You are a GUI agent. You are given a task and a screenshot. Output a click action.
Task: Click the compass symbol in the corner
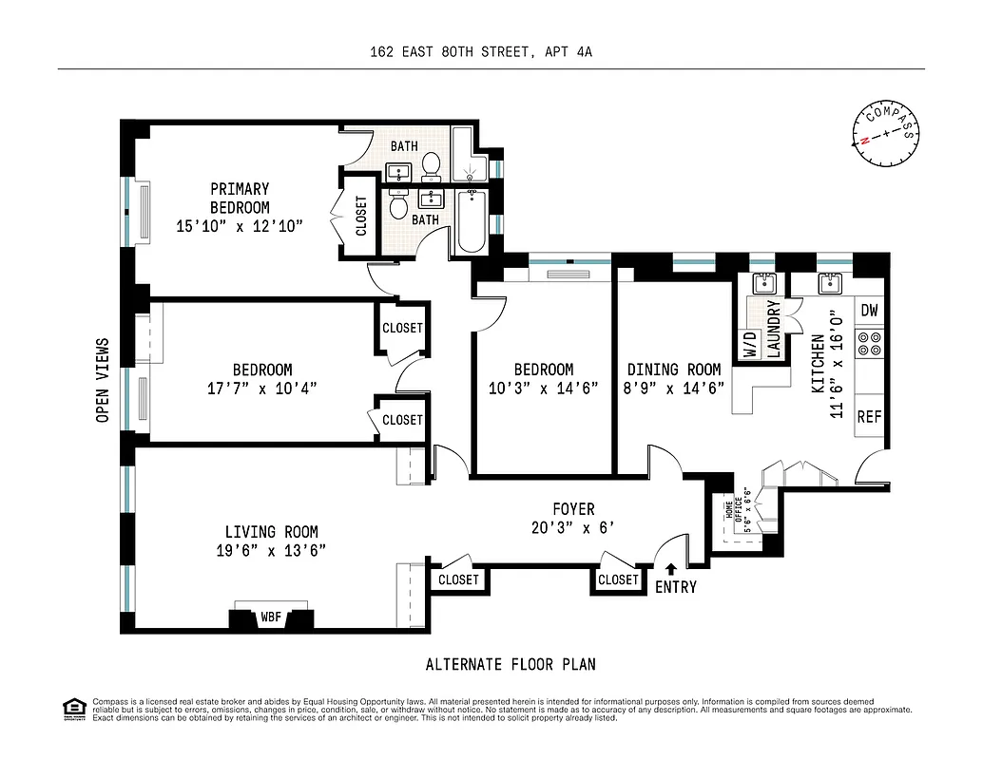click(x=888, y=133)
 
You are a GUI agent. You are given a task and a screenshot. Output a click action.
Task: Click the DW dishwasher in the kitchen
click(x=869, y=310)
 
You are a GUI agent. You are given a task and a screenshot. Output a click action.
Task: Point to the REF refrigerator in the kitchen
click(x=869, y=416)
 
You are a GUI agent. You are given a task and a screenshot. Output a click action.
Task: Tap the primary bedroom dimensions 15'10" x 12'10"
click(x=240, y=226)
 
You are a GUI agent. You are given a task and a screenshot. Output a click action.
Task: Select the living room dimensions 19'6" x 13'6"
click(x=271, y=550)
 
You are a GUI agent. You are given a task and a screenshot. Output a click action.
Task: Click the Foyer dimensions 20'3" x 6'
click(x=574, y=528)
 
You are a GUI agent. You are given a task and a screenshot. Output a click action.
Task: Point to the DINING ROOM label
click(x=673, y=370)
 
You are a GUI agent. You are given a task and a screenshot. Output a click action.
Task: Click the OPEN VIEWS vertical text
click(x=103, y=380)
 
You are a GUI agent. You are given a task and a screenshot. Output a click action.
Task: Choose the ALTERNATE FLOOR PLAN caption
click(x=511, y=665)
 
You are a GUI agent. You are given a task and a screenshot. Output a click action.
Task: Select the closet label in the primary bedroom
click(x=361, y=217)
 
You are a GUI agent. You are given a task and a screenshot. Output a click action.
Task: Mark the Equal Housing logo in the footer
click(x=72, y=708)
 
